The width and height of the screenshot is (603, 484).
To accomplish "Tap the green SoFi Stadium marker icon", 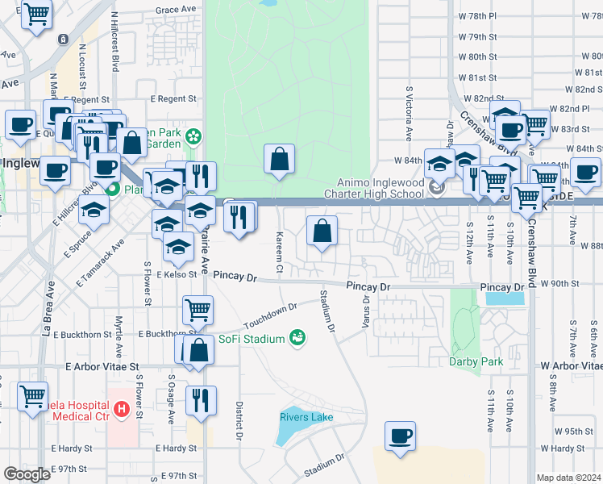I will tap(297, 337).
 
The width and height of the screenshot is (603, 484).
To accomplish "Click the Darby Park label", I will tap(476, 361).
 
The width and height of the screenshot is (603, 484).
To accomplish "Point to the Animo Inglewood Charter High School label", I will tap(373, 188).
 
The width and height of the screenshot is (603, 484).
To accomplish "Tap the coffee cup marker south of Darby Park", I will tap(400, 436).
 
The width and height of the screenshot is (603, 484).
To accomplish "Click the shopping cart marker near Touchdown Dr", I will tap(198, 308).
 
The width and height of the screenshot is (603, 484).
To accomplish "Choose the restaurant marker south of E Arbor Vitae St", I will tap(201, 399).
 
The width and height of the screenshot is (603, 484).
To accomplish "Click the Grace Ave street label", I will tap(177, 10).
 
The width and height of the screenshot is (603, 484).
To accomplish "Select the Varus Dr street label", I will tap(367, 310).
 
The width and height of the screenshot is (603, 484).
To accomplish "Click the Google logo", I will tap(27, 474).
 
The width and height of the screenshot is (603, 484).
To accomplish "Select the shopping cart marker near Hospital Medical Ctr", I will tap(32, 397).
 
